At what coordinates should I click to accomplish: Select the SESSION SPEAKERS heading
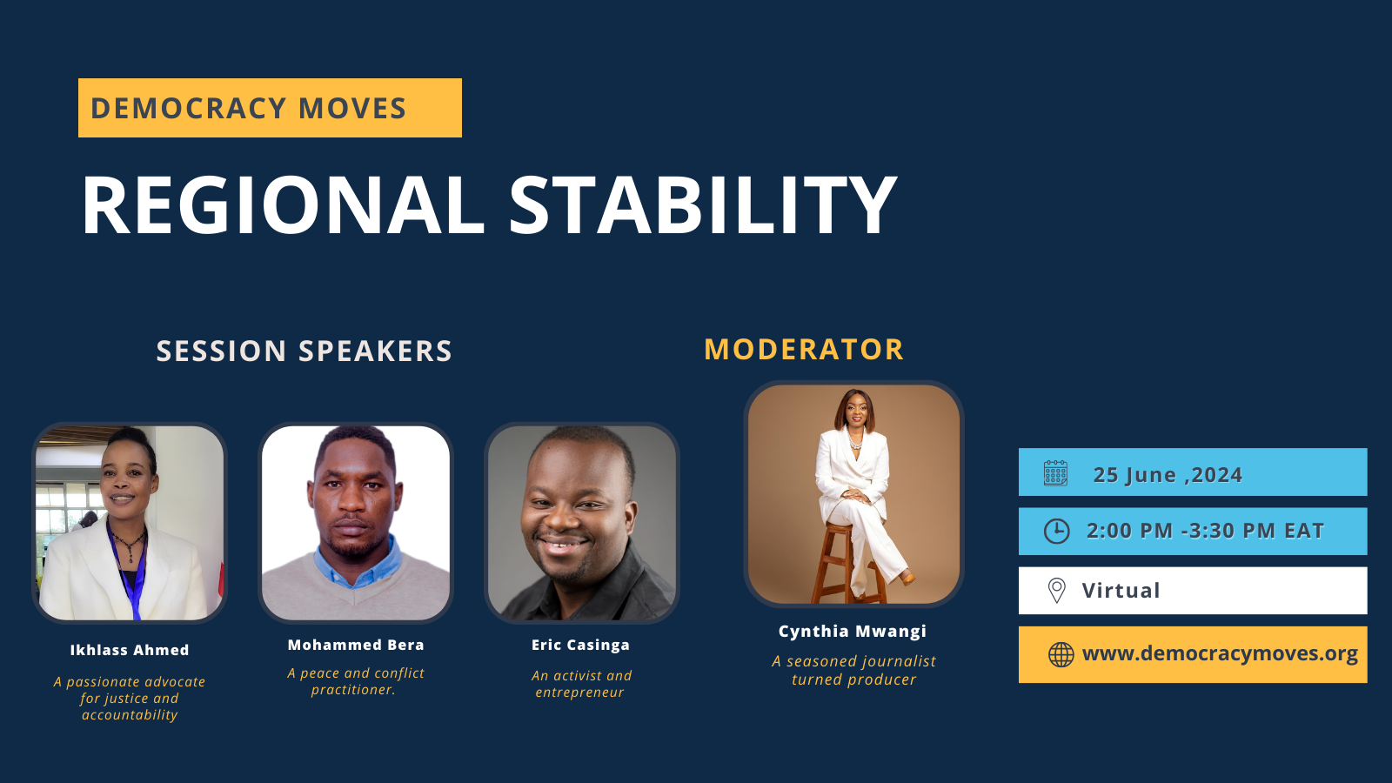tap(304, 351)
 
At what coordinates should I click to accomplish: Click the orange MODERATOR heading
tap(804, 350)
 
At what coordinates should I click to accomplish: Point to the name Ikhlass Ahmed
tap(130, 650)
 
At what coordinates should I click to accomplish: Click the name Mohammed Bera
tap(356, 645)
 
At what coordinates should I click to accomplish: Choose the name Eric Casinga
tap(580, 645)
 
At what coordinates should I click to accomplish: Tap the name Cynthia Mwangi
tap(852, 632)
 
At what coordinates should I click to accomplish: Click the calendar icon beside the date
tap(1055, 473)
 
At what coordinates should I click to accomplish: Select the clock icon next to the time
tap(1056, 531)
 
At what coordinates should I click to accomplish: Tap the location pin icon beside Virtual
tap(1056, 590)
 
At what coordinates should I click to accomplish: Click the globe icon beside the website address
tap(1061, 654)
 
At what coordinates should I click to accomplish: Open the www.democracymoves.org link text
tap(1220, 653)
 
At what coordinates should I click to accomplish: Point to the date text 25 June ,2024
tap(1168, 475)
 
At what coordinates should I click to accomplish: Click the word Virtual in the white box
tap(1121, 591)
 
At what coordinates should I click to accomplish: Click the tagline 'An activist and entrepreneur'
tap(581, 684)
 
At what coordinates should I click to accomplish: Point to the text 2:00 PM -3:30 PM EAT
tap(1205, 531)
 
